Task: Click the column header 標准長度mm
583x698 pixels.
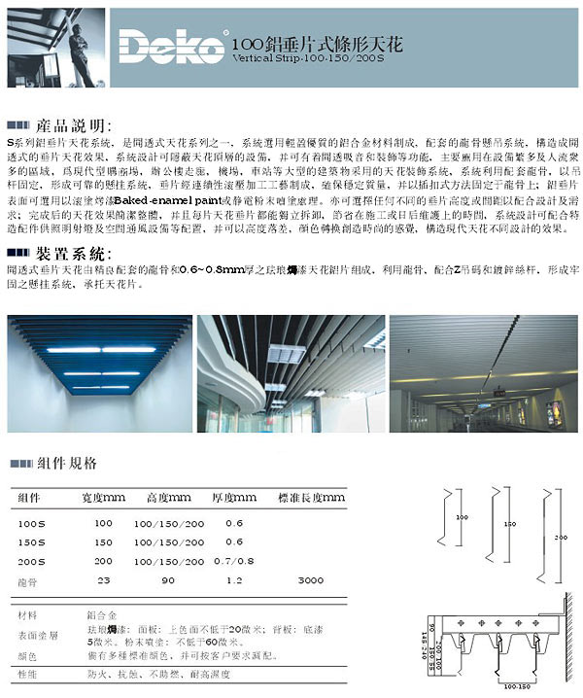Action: coord(310,498)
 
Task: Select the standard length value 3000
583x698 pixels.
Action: coord(310,579)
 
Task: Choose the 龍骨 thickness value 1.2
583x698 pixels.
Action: coord(233,579)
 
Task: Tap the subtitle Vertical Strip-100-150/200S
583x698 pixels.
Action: coord(303,58)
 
